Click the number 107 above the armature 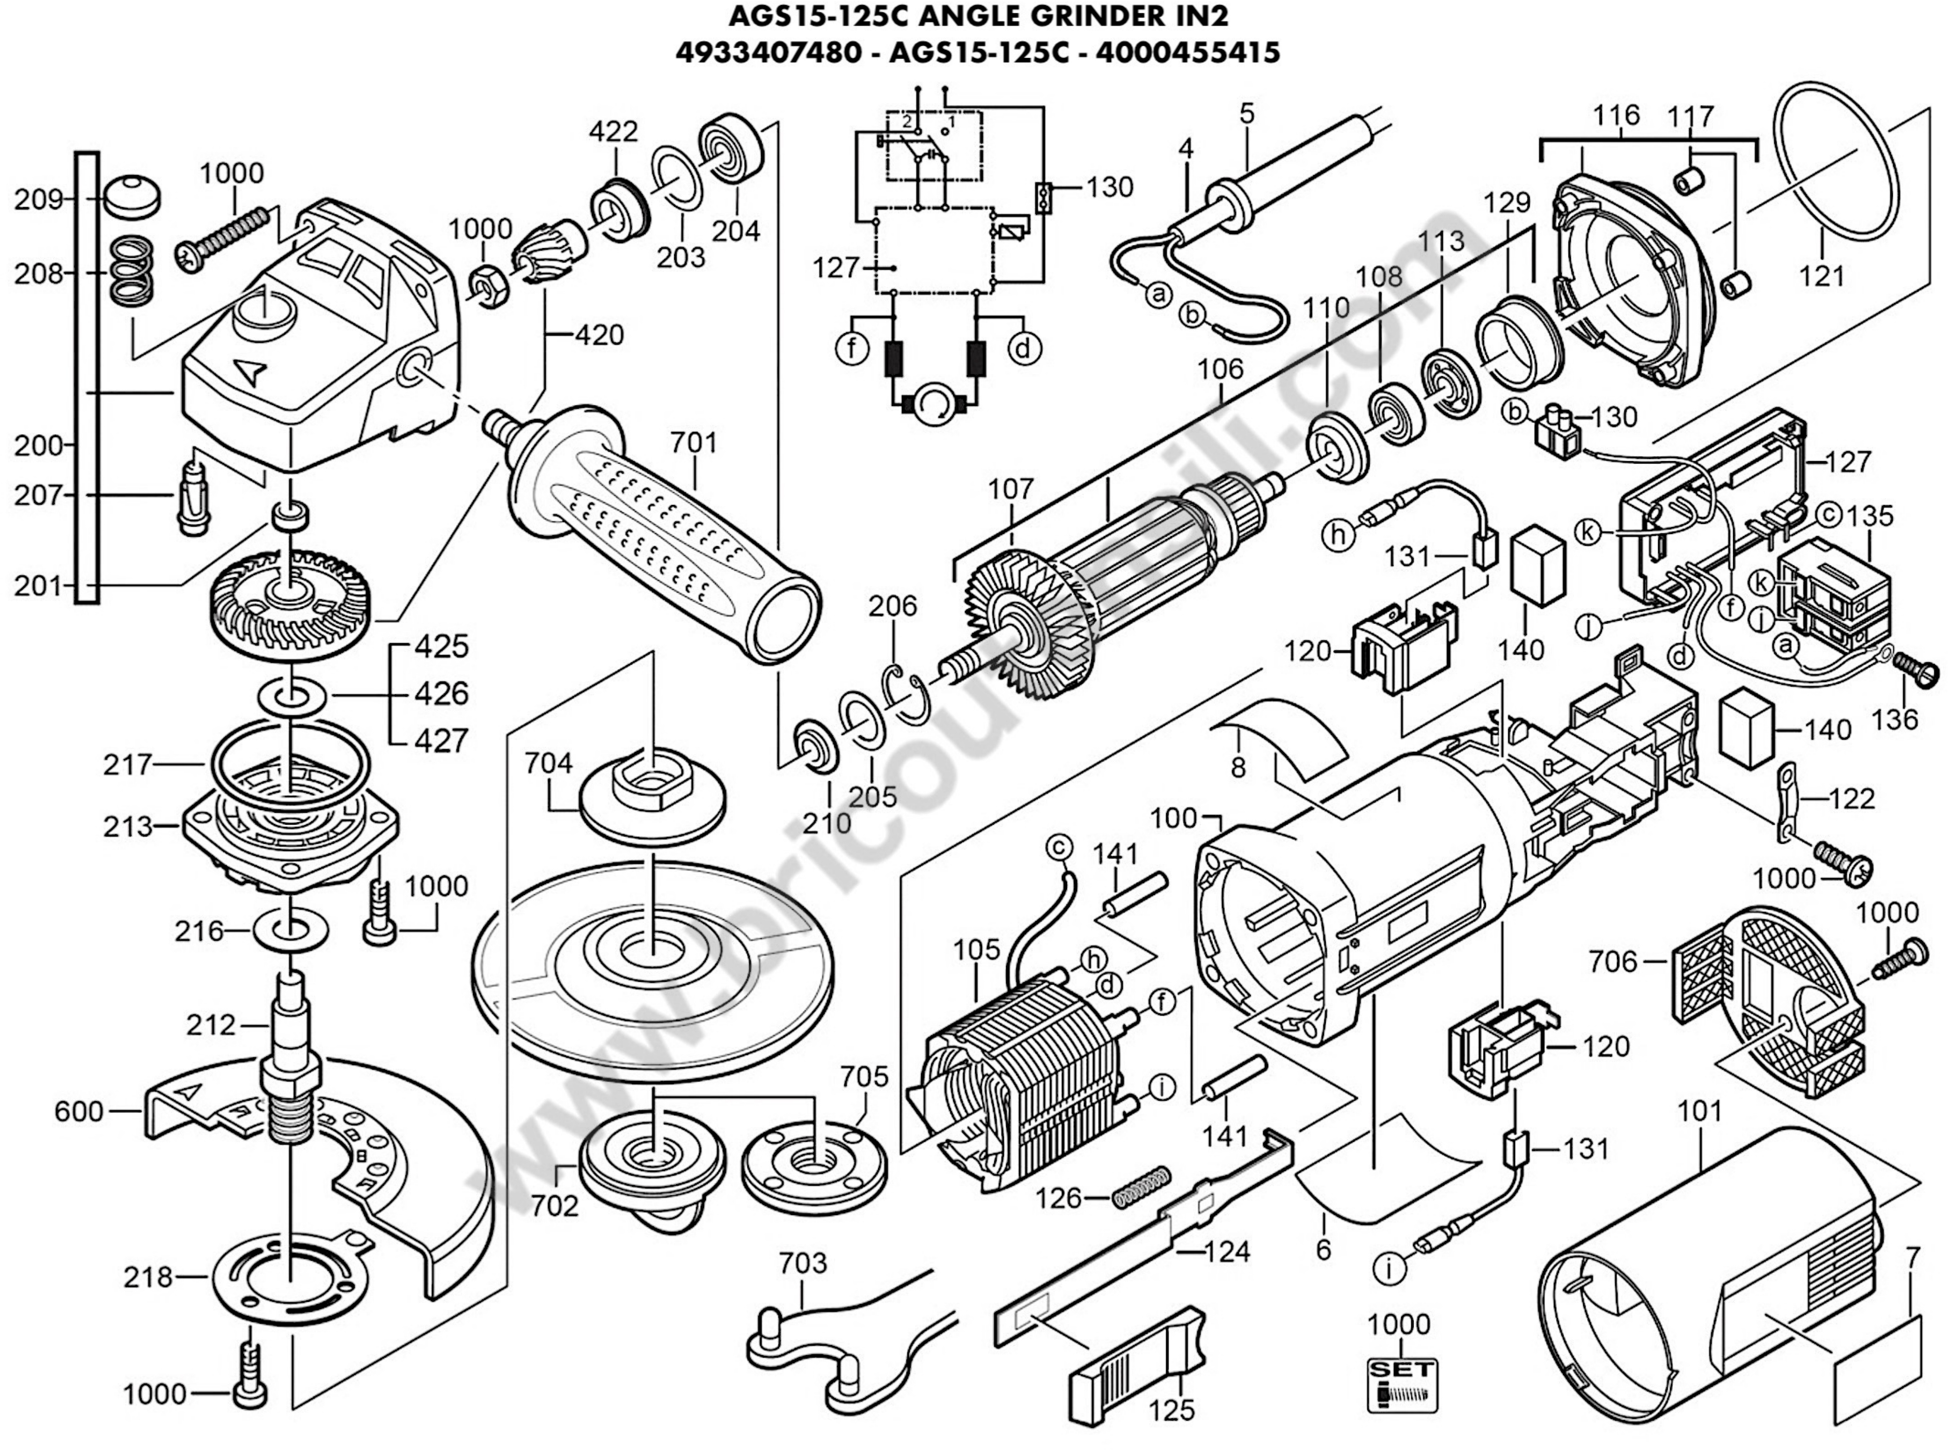click(x=1011, y=489)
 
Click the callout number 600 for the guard click(x=79, y=1111)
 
